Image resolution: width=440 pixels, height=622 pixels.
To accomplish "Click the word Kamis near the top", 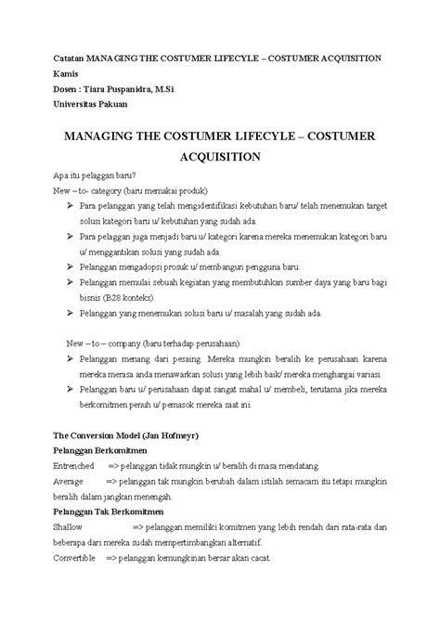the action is [x=66, y=73].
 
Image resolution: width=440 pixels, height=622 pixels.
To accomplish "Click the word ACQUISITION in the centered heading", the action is [x=219, y=157].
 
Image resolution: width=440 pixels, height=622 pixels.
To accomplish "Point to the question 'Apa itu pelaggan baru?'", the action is [x=97, y=175].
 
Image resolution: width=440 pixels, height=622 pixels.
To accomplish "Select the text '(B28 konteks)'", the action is [x=128, y=299].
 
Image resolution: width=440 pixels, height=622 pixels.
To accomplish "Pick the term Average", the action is [x=68, y=482].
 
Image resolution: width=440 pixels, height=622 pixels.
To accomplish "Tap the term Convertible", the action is [x=75, y=561].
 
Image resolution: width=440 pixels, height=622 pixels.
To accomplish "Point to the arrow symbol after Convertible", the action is [x=110, y=561].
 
